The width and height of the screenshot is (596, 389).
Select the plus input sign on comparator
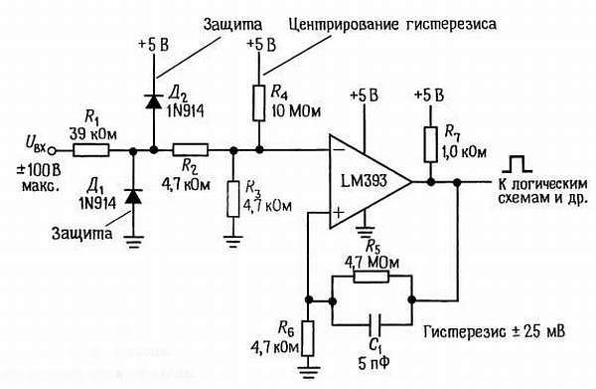[x=340, y=212]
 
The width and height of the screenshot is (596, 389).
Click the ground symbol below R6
[x=309, y=370]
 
